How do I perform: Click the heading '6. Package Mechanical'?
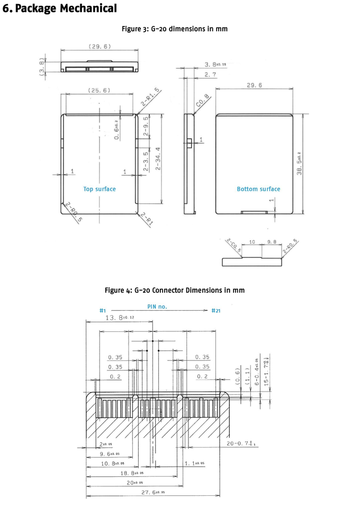point(60,8)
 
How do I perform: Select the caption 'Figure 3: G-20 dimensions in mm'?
point(175,29)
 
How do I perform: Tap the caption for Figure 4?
point(175,291)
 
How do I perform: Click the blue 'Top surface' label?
point(99,189)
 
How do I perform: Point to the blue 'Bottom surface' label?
point(258,189)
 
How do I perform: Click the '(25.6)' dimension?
point(99,90)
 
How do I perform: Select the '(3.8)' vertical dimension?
point(42,67)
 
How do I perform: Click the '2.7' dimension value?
point(210,75)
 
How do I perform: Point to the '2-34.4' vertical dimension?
point(157,157)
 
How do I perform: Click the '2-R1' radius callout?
point(147,219)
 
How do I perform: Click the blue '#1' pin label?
point(103,311)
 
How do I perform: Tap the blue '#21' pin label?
point(216,311)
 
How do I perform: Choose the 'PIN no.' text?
point(157,306)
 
